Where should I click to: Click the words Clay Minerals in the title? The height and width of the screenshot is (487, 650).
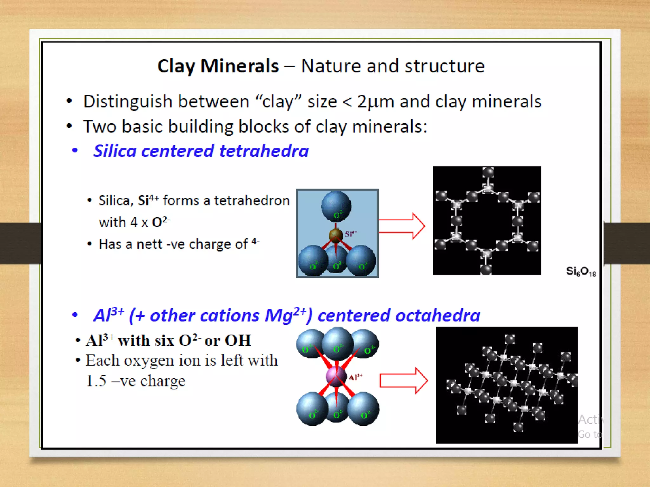pyautogui.click(x=218, y=66)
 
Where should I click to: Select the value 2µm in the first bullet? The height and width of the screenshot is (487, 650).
pyautogui.click(x=375, y=102)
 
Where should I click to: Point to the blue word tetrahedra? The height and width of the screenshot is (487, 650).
pyautogui.click(x=264, y=151)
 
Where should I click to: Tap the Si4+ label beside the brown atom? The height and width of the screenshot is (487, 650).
pyautogui.click(x=351, y=234)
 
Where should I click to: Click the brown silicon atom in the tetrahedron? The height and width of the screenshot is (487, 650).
pyautogui.click(x=335, y=235)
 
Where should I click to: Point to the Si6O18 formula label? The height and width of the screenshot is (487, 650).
pyautogui.click(x=581, y=271)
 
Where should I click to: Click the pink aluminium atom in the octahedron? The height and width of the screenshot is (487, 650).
pyautogui.click(x=336, y=376)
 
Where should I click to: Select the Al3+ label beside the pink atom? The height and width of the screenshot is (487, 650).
pyautogui.click(x=355, y=377)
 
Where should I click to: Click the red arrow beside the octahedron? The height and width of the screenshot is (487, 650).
pyautogui.click(x=404, y=381)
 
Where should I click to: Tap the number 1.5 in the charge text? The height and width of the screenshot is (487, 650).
pyautogui.click(x=96, y=381)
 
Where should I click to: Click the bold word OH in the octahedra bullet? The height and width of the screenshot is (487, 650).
pyautogui.click(x=238, y=341)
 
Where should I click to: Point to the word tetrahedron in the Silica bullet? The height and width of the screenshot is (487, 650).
pyautogui.click(x=252, y=201)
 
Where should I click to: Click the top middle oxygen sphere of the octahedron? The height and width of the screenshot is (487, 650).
pyautogui.click(x=338, y=344)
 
